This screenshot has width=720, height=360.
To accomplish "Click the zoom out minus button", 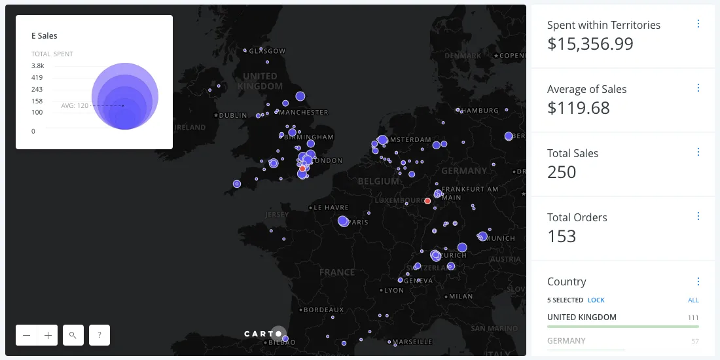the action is coord(27,335).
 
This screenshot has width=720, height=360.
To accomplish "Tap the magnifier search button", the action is coord(73,335).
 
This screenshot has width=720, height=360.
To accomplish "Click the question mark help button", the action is coord(99,335).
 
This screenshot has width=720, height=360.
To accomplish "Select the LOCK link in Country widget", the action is coord(596,300).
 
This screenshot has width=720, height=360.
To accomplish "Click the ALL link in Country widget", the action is coord(693,300).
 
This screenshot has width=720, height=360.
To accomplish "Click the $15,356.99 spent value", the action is coord(590,44).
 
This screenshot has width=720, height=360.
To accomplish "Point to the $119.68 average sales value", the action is coord(578,108).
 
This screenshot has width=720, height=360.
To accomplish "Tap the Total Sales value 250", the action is coord(562,172).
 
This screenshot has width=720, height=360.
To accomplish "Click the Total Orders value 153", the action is coord(562,236).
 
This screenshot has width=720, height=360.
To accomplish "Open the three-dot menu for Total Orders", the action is coord(698,216).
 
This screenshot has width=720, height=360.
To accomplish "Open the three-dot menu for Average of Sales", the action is coord(698,88).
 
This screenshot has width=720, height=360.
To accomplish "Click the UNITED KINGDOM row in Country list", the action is coord(582,317).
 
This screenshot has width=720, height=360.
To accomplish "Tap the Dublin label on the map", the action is coord(233,115).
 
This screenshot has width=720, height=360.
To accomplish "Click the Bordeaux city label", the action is coord(323,309).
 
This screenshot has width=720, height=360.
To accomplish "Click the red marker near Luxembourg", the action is coord(427,201).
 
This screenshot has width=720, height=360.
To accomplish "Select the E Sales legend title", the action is coord(45,36).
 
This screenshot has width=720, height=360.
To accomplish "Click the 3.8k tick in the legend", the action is coord(37,66).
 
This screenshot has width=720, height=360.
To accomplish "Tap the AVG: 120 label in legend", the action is coord(75,105).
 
